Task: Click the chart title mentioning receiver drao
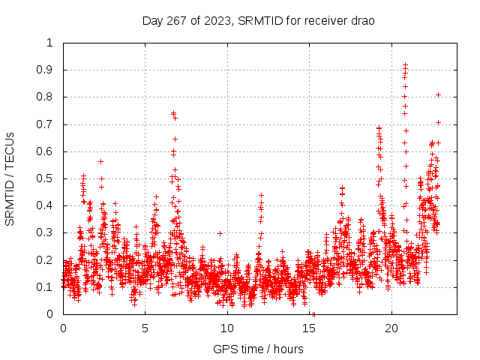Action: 258,20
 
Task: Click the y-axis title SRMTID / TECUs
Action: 10,178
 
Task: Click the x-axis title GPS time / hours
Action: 258,349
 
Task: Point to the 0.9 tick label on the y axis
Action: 45,70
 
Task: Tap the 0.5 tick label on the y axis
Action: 45,178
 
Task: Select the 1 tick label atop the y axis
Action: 49,43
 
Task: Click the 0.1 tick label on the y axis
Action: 45,287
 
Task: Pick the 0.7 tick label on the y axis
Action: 45,124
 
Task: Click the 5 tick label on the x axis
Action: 145,328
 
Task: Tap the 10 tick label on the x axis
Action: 227,328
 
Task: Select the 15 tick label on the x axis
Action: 310,328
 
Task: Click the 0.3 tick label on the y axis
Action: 45,233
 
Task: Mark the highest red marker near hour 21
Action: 405,65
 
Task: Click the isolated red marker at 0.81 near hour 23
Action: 438,94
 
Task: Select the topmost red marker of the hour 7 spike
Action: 173,113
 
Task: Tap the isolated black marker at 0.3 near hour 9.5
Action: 220,233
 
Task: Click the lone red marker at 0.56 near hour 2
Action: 100,161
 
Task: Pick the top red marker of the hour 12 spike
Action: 261,195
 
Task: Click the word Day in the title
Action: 152,20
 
